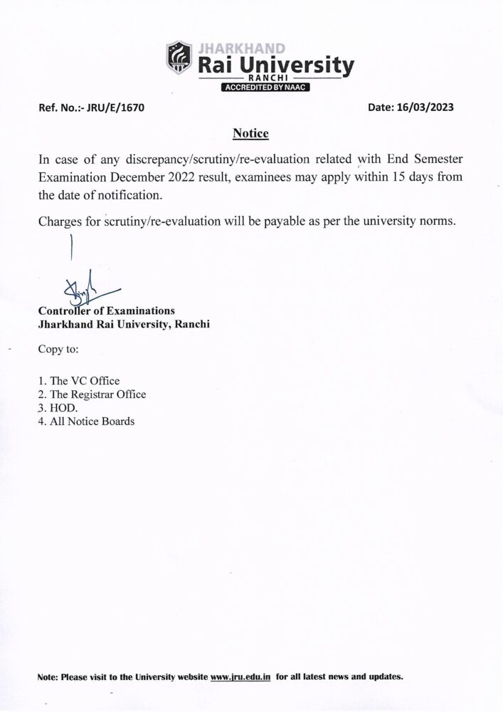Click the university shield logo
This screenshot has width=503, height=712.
(179, 58)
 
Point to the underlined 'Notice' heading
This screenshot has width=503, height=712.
(251, 133)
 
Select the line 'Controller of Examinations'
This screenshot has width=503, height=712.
(106, 310)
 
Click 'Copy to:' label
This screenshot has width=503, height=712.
(58, 350)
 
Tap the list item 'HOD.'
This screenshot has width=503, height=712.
(63, 408)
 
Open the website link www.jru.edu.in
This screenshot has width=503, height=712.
(241, 676)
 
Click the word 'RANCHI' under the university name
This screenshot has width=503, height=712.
(265, 77)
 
